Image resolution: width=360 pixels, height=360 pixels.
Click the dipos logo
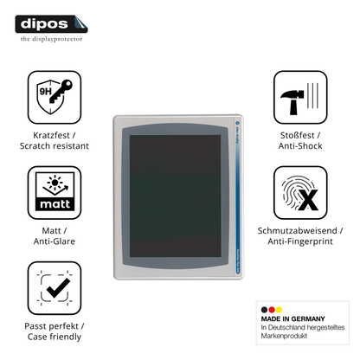(x=51, y=24)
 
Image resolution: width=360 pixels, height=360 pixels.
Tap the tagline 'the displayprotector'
(x=51, y=39)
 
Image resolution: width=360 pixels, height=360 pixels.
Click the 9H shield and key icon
(x=55, y=97)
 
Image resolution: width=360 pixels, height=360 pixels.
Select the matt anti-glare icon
(x=55, y=192)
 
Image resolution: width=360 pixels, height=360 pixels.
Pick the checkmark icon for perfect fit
(x=55, y=288)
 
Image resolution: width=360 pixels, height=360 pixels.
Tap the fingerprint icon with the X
(x=300, y=192)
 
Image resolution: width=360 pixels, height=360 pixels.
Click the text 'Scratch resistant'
(x=55, y=146)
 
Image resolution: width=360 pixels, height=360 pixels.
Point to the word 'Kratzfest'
(x=52, y=135)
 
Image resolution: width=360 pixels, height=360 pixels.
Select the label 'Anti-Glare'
(x=55, y=241)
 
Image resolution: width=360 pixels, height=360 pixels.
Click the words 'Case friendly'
(x=55, y=337)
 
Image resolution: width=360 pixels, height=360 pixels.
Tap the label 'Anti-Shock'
(x=300, y=146)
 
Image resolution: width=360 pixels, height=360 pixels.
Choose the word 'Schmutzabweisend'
(x=297, y=231)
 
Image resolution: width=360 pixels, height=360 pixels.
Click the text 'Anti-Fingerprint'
(x=300, y=241)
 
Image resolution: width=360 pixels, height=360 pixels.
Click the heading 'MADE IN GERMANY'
(x=293, y=318)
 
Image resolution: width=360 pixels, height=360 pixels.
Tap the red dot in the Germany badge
(x=272, y=310)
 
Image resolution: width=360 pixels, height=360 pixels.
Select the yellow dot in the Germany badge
(x=279, y=310)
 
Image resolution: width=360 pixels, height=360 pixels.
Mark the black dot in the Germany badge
(x=264, y=310)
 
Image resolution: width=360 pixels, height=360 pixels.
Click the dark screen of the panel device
(x=175, y=196)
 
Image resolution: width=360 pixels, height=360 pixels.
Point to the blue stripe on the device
(x=238, y=196)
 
